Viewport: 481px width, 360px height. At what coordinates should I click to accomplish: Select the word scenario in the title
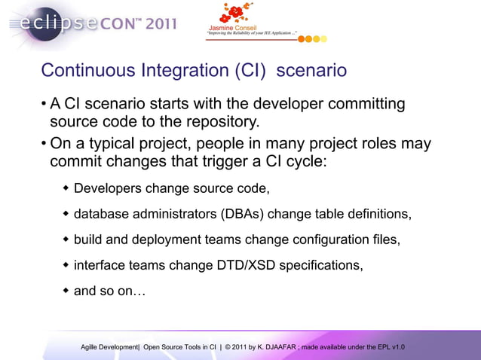tap(311, 71)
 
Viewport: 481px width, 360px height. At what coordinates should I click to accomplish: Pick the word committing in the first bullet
tap(363, 104)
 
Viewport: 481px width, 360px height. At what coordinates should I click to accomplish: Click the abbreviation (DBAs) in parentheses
tap(242, 214)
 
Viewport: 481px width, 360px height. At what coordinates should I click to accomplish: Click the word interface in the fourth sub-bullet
tap(100, 265)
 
